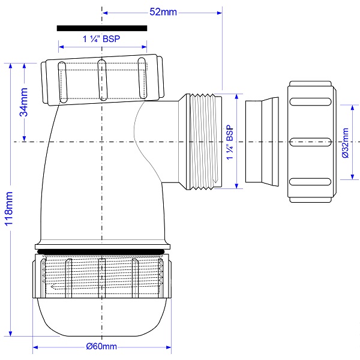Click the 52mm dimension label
click(163, 12)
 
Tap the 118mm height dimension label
click(9, 209)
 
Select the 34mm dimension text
click(23, 102)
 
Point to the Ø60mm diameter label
click(101, 346)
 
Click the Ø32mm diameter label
click(345, 143)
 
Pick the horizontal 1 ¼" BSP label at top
click(101, 39)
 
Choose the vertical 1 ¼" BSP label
click(230, 142)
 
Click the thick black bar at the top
click(102, 28)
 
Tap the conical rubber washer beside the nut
click(262, 142)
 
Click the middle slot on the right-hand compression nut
click(310, 142)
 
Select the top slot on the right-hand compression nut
click(310, 102)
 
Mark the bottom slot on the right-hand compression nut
click(310, 182)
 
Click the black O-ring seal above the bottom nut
click(101, 251)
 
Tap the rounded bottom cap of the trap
click(102, 317)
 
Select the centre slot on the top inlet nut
click(102, 80)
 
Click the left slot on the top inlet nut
click(62, 82)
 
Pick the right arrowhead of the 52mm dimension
click(220, 13)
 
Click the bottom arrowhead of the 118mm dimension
click(10, 333)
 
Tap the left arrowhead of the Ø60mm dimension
click(35, 347)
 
